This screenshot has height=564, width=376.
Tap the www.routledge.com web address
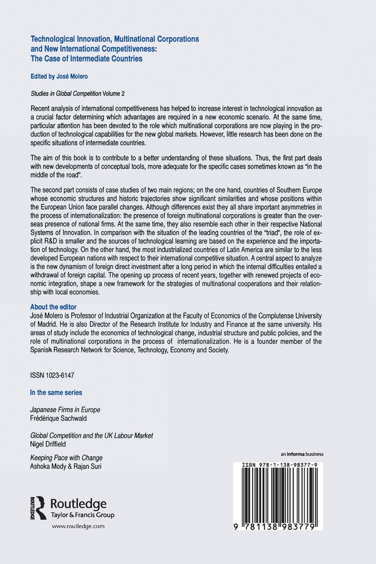coord(78,527)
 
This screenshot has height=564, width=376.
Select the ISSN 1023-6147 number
coord(52,376)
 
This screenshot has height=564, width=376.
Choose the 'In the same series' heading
coord(56,392)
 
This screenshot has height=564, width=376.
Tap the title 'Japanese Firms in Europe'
coord(68,410)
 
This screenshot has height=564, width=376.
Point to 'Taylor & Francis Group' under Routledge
coord(82,515)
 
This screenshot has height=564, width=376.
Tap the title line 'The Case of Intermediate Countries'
coord(86,59)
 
